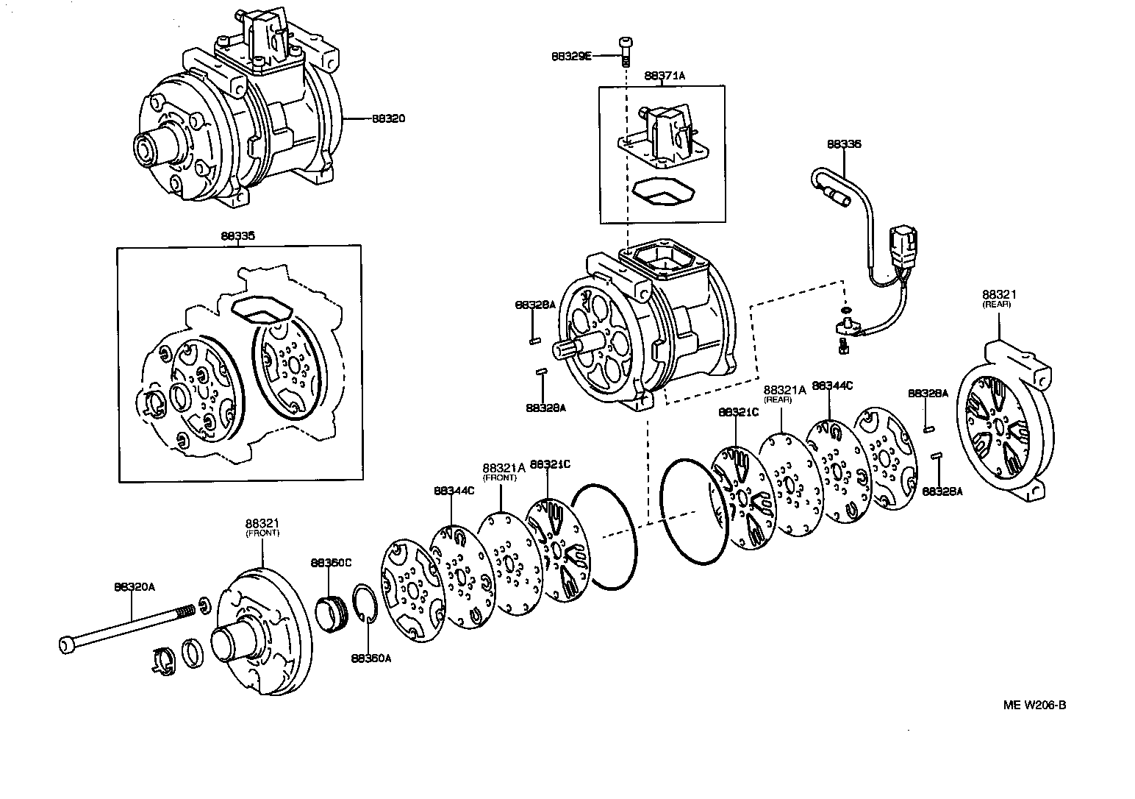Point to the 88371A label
663,75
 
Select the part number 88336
843,144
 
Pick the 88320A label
135,586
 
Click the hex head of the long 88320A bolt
67,645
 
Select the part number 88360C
331,562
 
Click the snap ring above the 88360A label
365,603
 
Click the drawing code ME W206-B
1034,705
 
